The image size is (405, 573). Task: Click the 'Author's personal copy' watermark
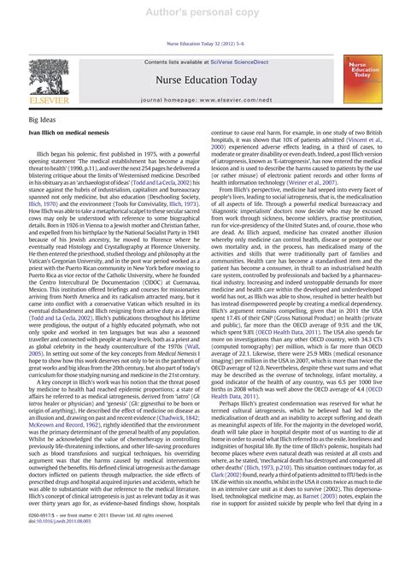coord(202,12)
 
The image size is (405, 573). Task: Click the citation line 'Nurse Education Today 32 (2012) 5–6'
coord(202,43)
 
